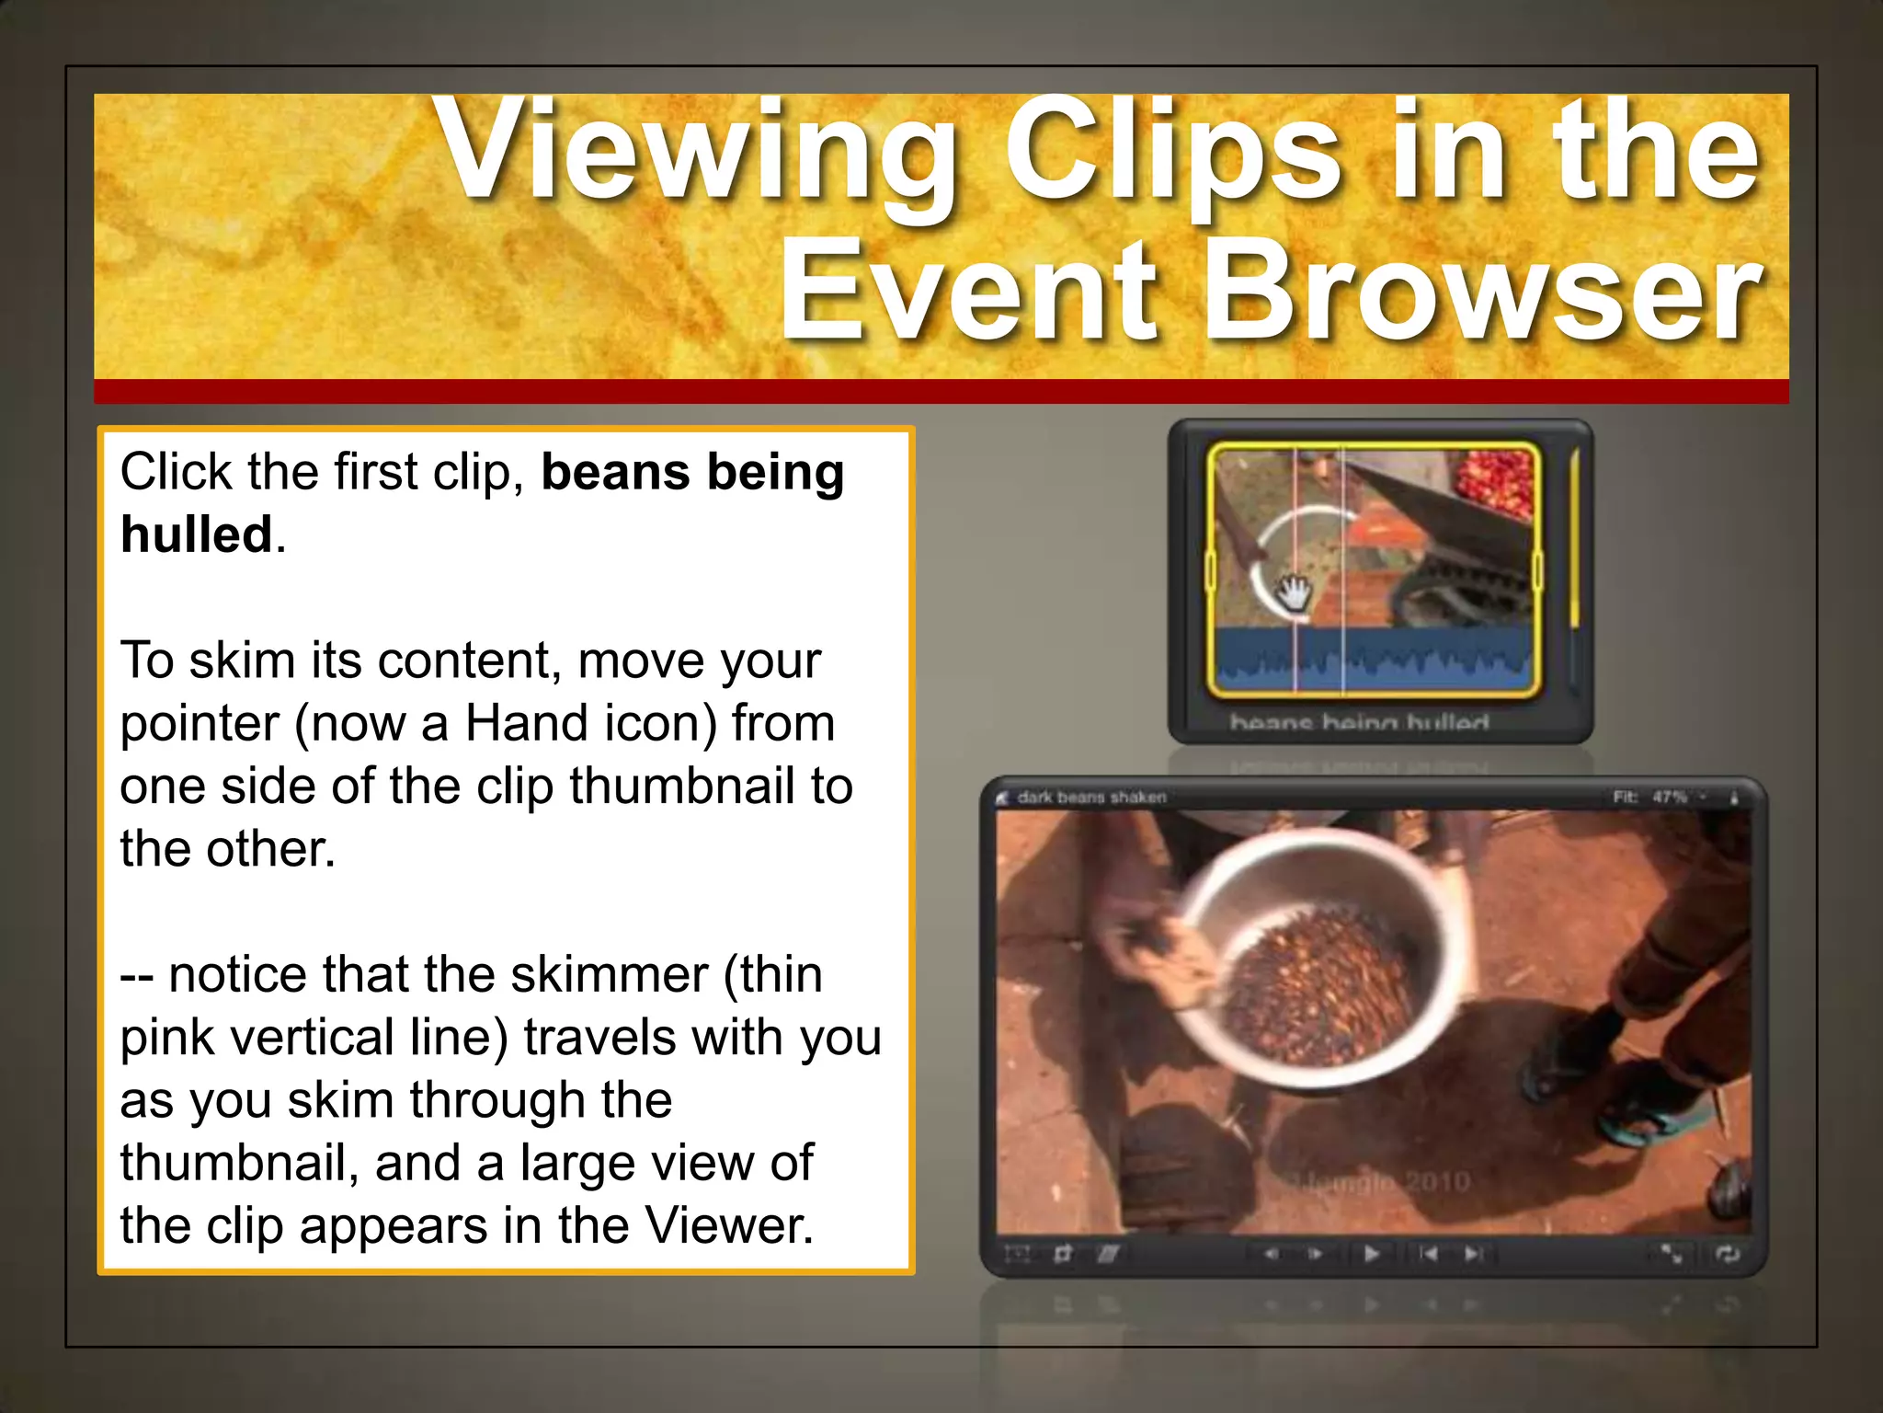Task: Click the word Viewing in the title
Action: coord(699,152)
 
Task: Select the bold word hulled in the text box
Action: coord(197,535)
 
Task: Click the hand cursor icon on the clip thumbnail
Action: coord(1295,591)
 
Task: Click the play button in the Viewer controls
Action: coord(1371,1254)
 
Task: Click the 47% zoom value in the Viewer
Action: coord(1669,797)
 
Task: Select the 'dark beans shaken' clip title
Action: coord(1091,798)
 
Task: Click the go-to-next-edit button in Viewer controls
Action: coord(1473,1254)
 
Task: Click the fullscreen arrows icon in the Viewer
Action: coord(1671,1254)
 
